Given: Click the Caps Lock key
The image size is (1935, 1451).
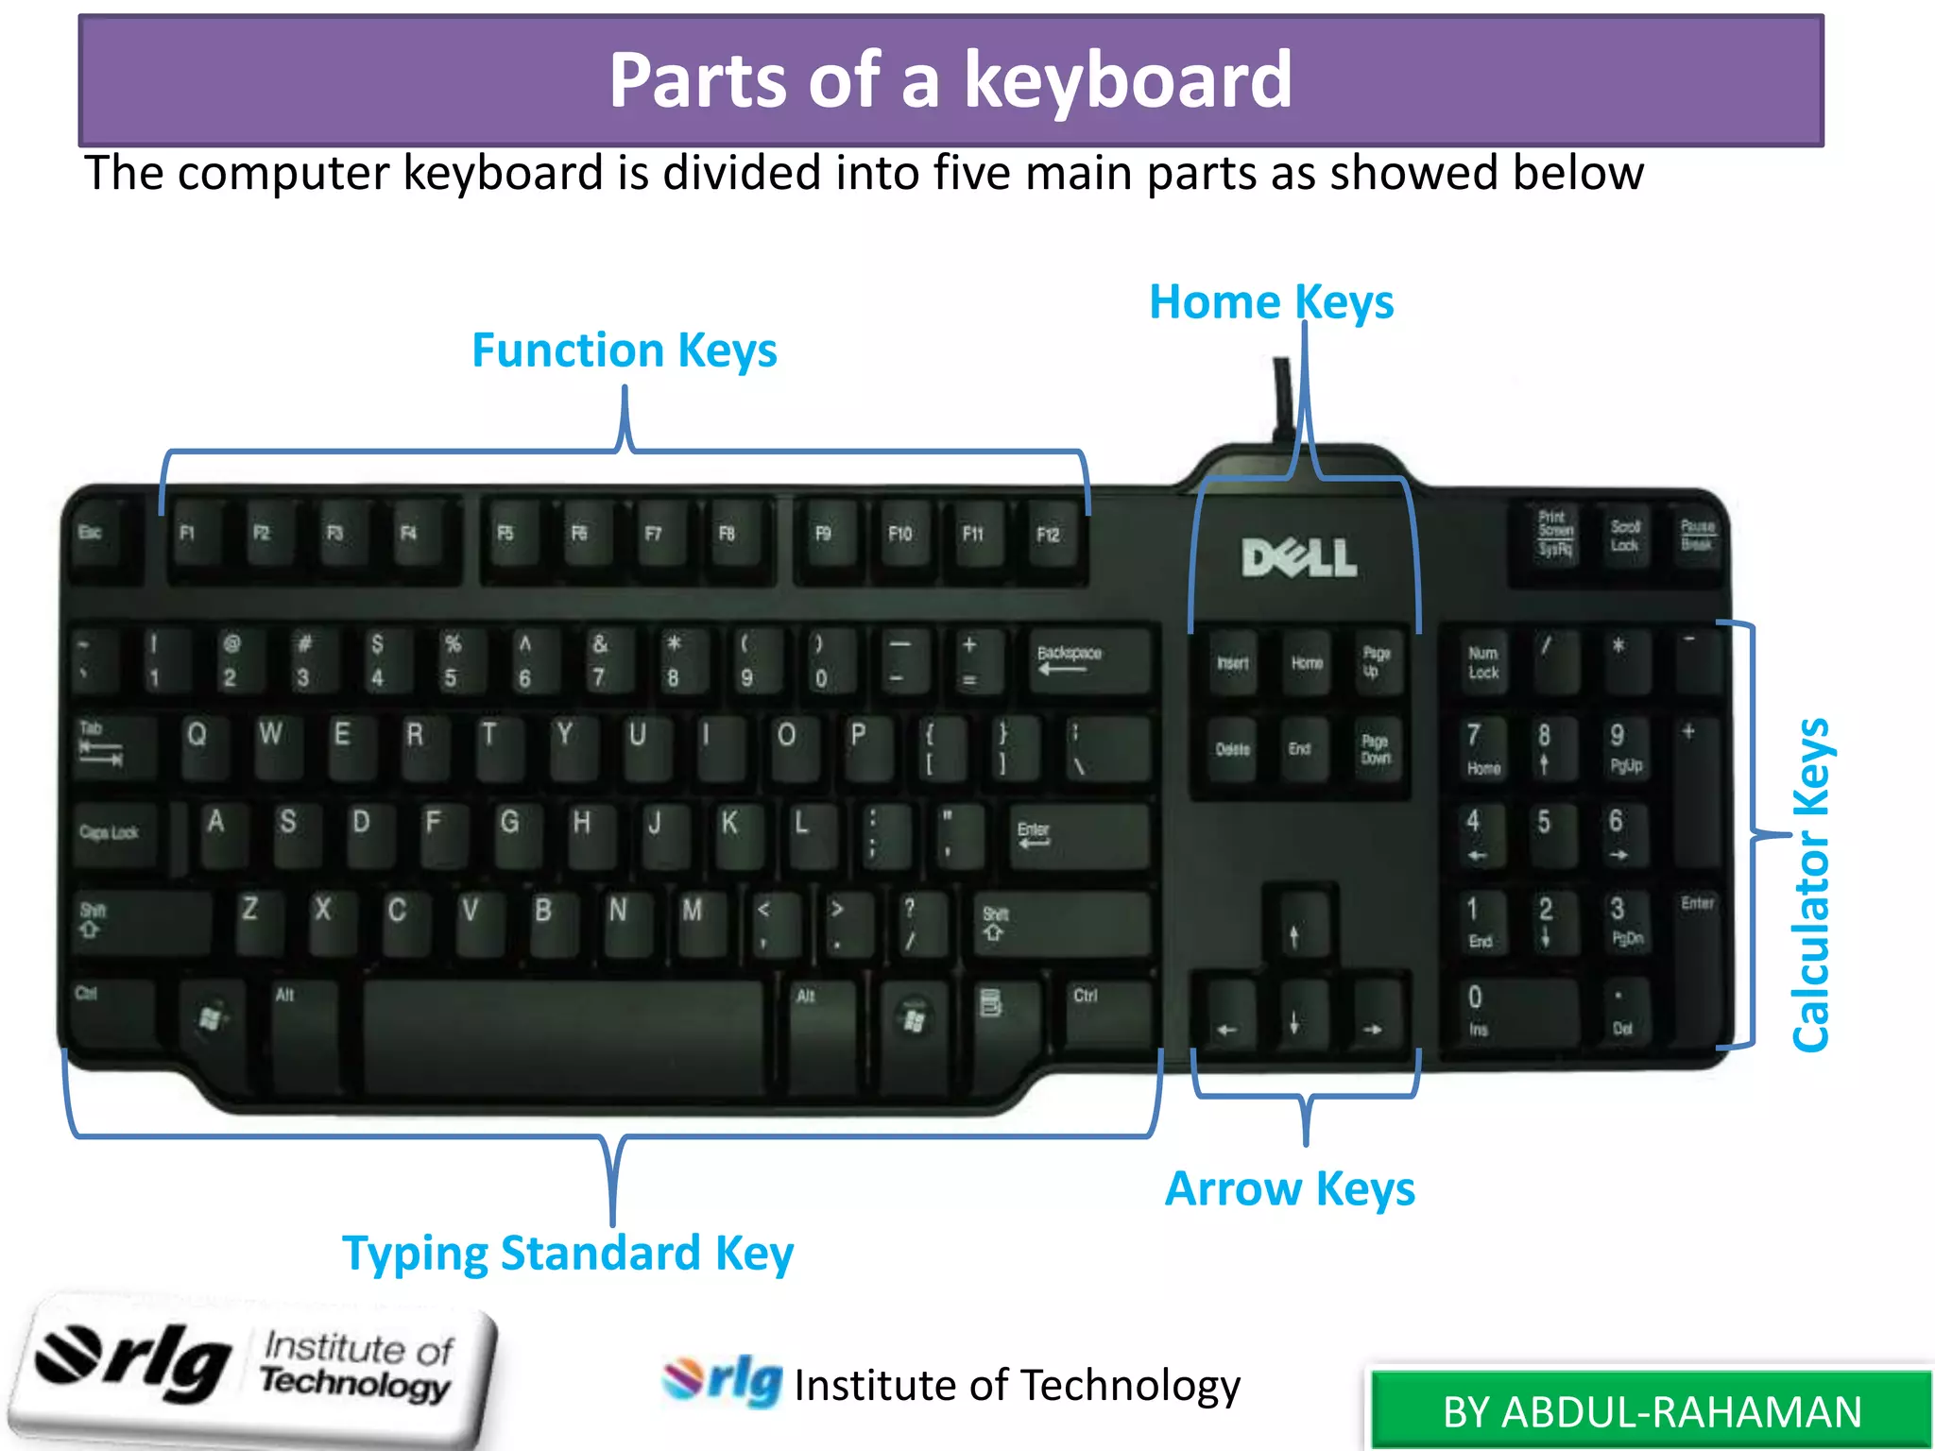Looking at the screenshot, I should [x=113, y=835].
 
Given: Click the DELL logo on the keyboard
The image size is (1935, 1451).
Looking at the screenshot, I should [x=1299, y=558].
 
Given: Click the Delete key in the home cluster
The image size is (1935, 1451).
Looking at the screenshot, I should [x=1232, y=750].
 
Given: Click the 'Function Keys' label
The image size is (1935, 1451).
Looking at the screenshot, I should [x=624, y=350].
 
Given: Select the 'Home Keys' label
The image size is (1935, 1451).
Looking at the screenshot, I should [x=1271, y=302].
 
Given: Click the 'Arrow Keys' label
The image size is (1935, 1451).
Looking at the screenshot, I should [x=1290, y=1188].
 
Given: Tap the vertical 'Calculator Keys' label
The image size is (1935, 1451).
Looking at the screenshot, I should [x=1811, y=885].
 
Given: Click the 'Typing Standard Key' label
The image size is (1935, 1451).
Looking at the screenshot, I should [x=568, y=1254].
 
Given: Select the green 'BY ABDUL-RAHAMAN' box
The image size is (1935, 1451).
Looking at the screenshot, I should [x=1652, y=1411].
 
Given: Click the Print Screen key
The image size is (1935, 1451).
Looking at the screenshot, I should [x=1554, y=535].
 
